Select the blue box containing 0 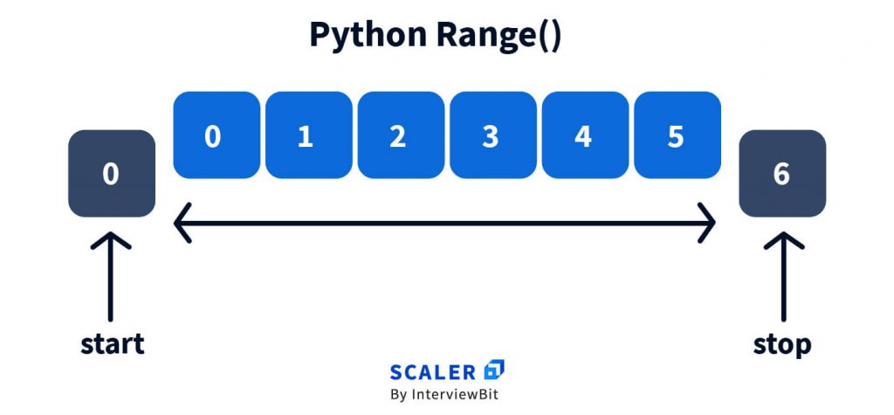[217, 135]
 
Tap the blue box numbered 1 [309, 135]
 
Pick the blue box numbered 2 [402, 135]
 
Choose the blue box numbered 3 [493, 135]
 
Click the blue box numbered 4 [586, 135]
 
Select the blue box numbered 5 [677, 135]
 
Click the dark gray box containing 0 [112, 174]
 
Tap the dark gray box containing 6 [782, 174]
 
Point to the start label [113, 344]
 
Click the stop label [782, 345]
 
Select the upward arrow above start [111, 276]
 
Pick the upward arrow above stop [784, 276]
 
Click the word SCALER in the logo [433, 373]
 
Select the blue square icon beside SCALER [494, 370]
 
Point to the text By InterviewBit [444, 394]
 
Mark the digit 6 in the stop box [781, 174]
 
